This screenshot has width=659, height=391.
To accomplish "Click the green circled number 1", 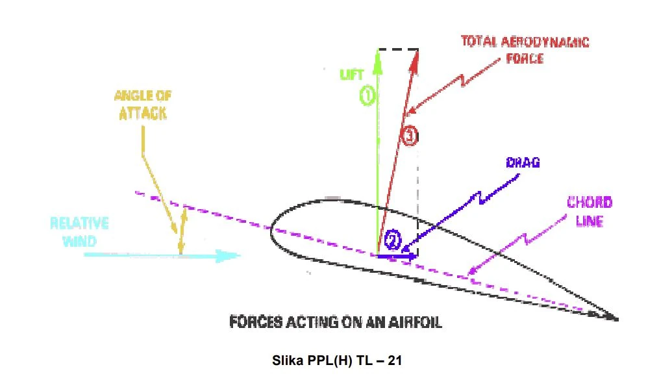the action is coord(367,96).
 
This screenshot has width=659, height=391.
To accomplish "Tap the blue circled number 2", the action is coord(392,240).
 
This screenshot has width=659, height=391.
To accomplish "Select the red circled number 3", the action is coord(409,136).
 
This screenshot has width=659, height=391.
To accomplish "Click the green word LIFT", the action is coord(352,75).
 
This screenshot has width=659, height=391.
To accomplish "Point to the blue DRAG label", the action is coord(523,163).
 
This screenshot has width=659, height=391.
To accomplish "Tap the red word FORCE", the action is coord(525,58).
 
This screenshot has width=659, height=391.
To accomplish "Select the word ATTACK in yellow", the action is coord(143,114).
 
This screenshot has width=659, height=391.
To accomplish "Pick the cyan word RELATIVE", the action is coord(79,223).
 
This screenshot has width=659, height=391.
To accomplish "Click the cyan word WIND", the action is coord(79,242).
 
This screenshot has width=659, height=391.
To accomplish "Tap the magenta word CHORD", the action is coord(590,203).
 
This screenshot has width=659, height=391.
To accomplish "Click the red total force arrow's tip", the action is coord(417,51).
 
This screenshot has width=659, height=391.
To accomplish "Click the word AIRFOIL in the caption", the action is coord(415,322).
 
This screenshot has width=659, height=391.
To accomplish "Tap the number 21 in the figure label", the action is coord(395,360).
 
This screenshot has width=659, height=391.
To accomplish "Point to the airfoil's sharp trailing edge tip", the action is coord(617,320).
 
